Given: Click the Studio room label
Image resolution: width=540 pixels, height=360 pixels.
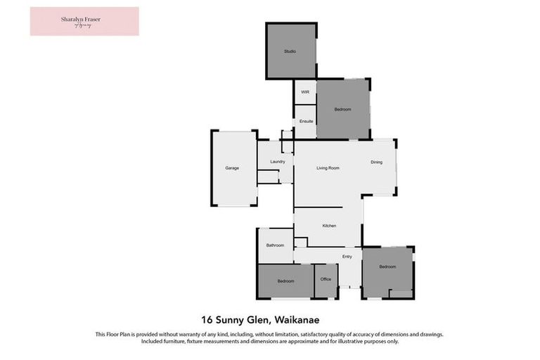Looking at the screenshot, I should point(290,51).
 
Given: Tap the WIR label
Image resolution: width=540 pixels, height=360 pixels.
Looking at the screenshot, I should point(305,92).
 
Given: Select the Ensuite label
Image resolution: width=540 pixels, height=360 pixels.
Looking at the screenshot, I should point(306,121).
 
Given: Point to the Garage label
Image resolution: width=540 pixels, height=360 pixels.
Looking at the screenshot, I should point(232,168).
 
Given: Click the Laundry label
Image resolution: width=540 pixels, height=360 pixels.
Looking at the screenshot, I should point(277,162).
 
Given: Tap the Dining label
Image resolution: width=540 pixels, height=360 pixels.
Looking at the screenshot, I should point(377,163).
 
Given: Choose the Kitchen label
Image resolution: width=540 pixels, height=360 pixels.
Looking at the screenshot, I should point(329,226).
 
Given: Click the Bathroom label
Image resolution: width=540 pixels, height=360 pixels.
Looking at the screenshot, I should point(275,245).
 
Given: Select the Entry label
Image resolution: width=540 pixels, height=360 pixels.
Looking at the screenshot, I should point(347,257).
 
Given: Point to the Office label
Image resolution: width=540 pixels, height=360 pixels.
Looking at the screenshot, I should point(326,280).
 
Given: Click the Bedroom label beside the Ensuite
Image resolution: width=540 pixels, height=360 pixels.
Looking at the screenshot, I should point(342,110).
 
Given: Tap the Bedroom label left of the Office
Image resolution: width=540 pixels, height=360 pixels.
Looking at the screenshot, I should point(285,281).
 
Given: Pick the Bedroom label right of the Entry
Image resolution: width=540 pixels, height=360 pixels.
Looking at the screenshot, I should point(387,267).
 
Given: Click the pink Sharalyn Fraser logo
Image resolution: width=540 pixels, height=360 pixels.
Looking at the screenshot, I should point(84,21).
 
